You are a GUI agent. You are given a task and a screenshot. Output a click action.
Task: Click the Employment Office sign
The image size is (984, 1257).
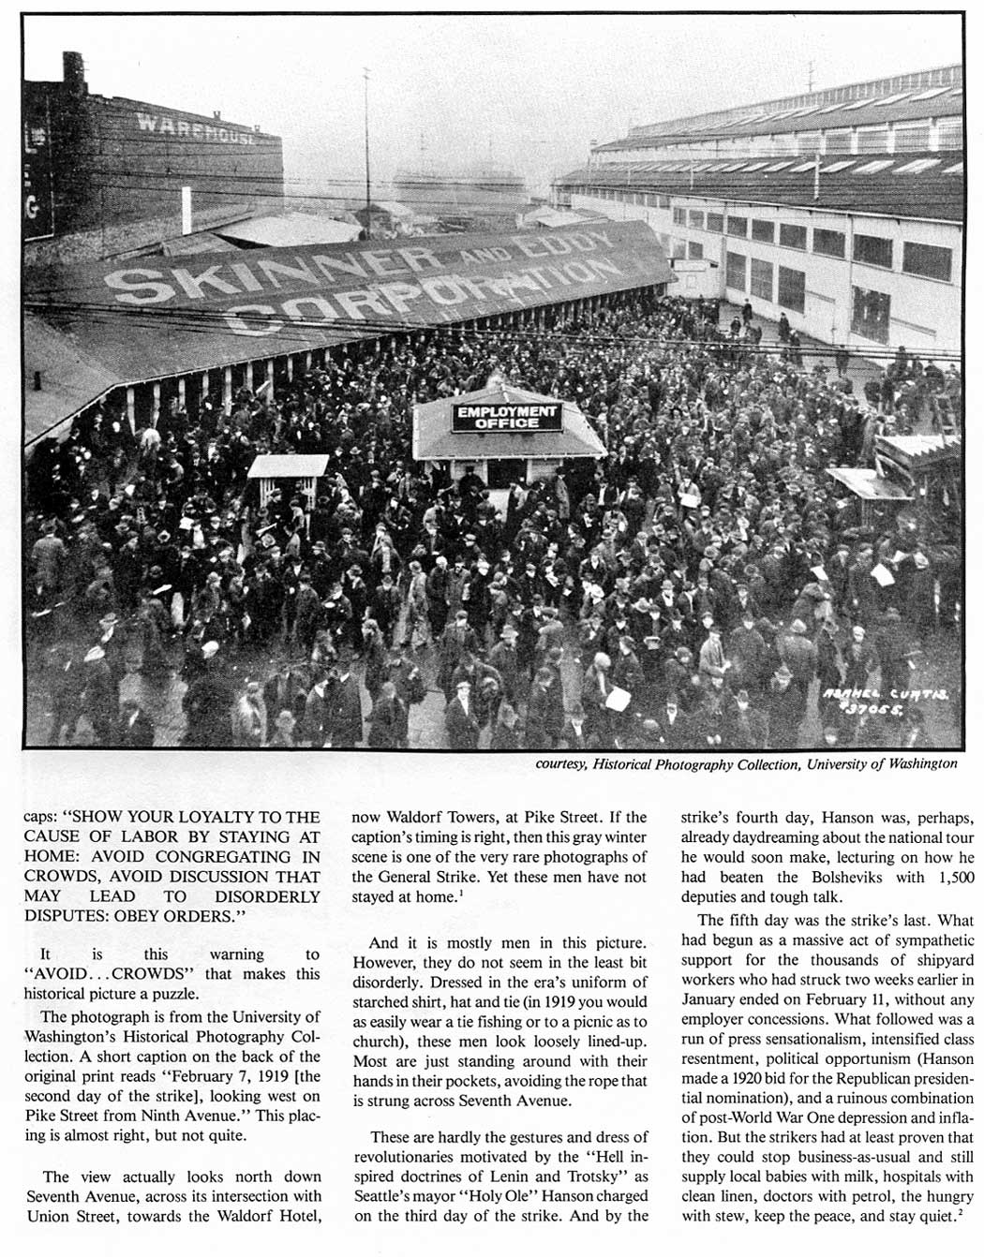(x=507, y=417)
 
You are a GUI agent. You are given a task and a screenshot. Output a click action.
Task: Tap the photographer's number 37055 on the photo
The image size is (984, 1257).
(x=873, y=709)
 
